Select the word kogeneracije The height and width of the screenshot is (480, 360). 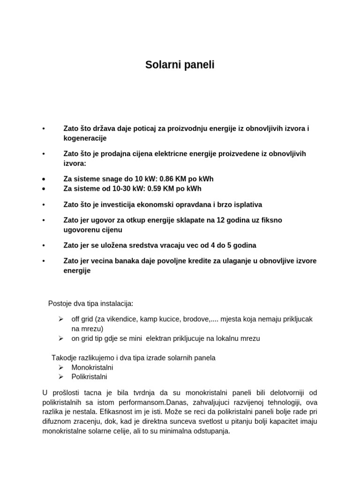tap(85, 138)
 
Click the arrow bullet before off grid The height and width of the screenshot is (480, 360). tap(61, 319)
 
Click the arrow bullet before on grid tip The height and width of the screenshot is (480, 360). tap(61, 338)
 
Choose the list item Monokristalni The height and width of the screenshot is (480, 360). tap(92, 367)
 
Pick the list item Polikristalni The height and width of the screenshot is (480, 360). tap(89, 377)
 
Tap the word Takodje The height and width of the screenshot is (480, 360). tap(64, 358)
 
